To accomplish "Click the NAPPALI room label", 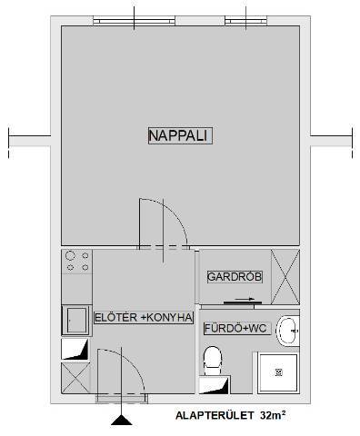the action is pyautogui.click(x=180, y=135).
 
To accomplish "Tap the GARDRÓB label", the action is pyautogui.click(x=235, y=277).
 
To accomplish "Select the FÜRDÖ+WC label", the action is pyautogui.click(x=235, y=328).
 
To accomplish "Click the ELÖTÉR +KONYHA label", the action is pyautogui.click(x=144, y=318).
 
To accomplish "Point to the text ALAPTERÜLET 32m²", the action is pyautogui.click(x=230, y=415).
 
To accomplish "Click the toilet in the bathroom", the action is pyautogui.click(x=213, y=361).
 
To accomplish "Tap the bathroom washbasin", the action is pyautogui.click(x=288, y=331).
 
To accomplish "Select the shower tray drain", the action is pyautogui.click(x=279, y=372).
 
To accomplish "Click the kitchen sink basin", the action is pyautogui.click(x=76, y=321).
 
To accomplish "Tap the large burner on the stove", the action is pyautogui.click(x=70, y=256).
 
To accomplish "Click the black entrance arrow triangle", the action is pyautogui.click(x=122, y=421).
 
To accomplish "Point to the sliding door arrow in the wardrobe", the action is pyautogui.click(x=245, y=299).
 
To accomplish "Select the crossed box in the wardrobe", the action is pyautogui.click(x=285, y=277).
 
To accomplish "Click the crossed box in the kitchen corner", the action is pyautogui.click(x=75, y=378).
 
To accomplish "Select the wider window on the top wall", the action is pyautogui.click(x=134, y=21).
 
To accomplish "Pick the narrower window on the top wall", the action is pyautogui.click(x=246, y=21).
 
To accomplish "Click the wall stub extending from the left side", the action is pyautogui.click(x=29, y=141).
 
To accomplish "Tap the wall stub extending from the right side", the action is pyautogui.click(x=332, y=141).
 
